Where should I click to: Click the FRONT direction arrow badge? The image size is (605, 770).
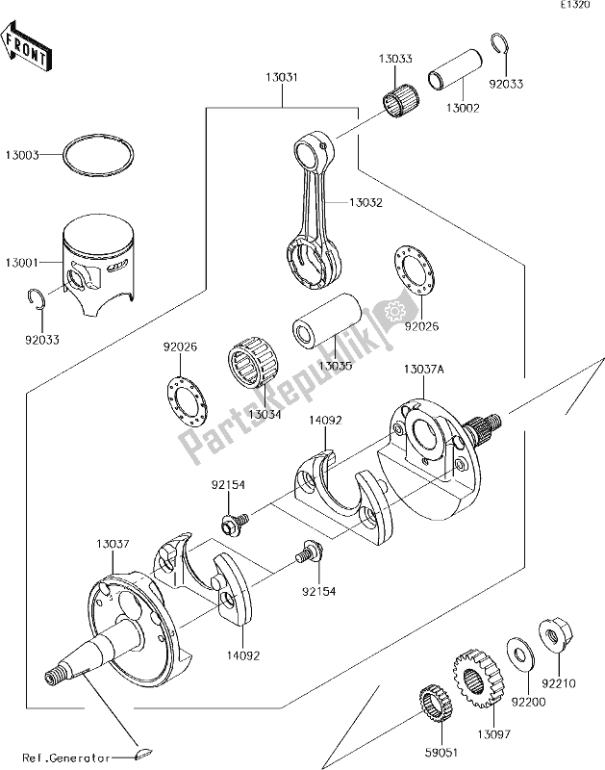click(x=27, y=54)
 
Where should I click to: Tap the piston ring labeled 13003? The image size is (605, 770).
click(x=99, y=154)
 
